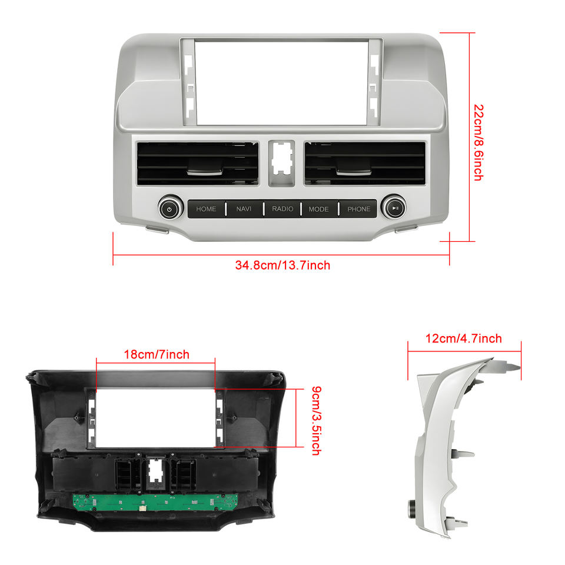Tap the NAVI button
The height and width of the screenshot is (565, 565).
point(244,209)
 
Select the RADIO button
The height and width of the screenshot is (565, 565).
point(282,209)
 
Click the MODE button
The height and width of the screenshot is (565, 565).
point(319,209)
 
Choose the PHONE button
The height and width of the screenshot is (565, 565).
point(359,209)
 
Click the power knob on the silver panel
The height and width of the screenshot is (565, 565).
point(169,208)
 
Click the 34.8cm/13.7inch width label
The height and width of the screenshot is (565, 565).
point(282,265)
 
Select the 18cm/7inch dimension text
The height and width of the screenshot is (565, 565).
point(157,354)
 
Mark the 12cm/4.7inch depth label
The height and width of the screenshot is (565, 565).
point(464,338)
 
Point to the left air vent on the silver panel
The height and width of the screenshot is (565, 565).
point(197,162)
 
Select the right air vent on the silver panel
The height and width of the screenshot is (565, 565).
point(365,162)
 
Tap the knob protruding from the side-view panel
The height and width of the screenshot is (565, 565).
point(409,505)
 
